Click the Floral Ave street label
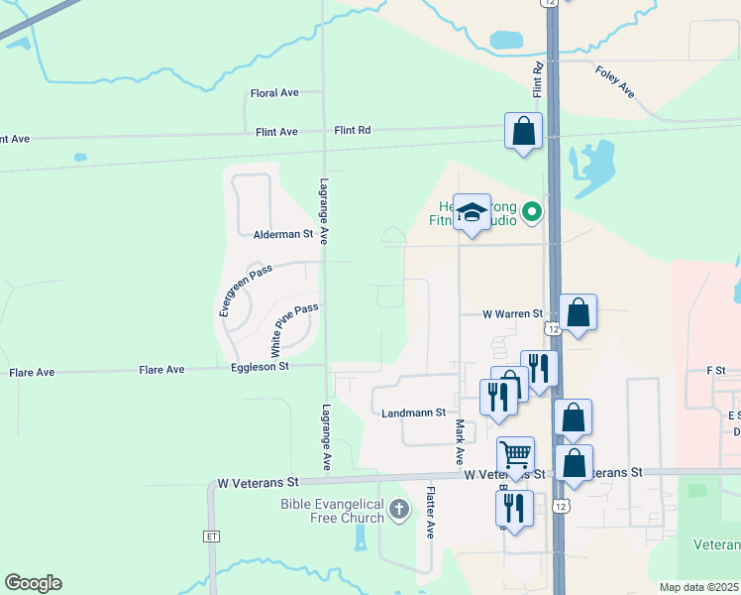274,93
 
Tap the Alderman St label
283,235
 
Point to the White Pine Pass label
294,330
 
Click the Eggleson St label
261,367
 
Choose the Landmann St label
414,412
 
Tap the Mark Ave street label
460,442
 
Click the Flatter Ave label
431,512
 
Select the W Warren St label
513,314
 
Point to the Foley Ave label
615,81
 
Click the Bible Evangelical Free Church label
332,511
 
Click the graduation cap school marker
473,212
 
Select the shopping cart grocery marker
515,454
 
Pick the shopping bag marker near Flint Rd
523,131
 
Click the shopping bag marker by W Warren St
578,312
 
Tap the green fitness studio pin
532,211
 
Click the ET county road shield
211,536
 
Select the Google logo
33,583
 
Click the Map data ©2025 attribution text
698,587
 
